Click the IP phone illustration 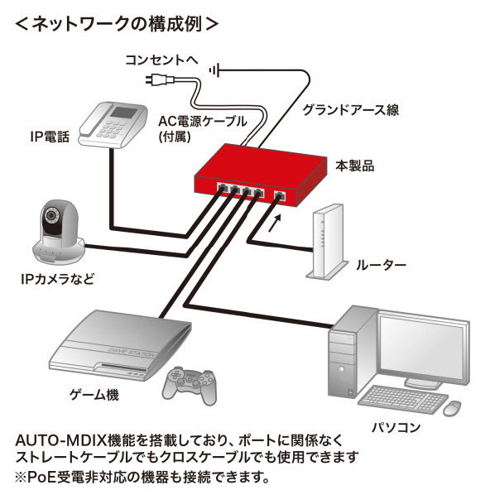click(x=113, y=124)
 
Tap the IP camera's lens click(x=50, y=215)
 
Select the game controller click(x=190, y=385)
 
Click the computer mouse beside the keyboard click(x=452, y=408)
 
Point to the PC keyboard click(x=403, y=399)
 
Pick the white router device click(x=327, y=242)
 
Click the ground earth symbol click(x=214, y=70)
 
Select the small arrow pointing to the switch click(x=274, y=223)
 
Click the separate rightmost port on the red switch click(x=279, y=196)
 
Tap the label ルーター click(x=381, y=265)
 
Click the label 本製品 click(x=354, y=166)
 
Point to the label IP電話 click(x=50, y=137)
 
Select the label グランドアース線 click(x=351, y=109)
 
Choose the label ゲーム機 click(x=94, y=394)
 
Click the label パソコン click(x=396, y=427)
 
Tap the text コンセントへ click(x=161, y=60)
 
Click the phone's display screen click(x=125, y=113)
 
